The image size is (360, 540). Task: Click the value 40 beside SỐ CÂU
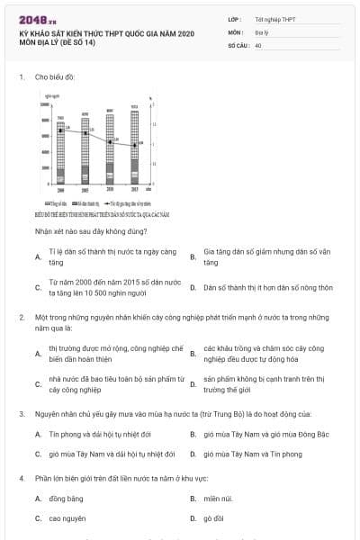pyautogui.click(x=258, y=44)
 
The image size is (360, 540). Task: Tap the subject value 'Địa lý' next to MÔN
pyautogui.click(x=262, y=31)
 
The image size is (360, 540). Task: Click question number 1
pyautogui.click(x=21, y=77)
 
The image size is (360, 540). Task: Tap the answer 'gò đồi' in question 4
pyautogui.click(x=213, y=518)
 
